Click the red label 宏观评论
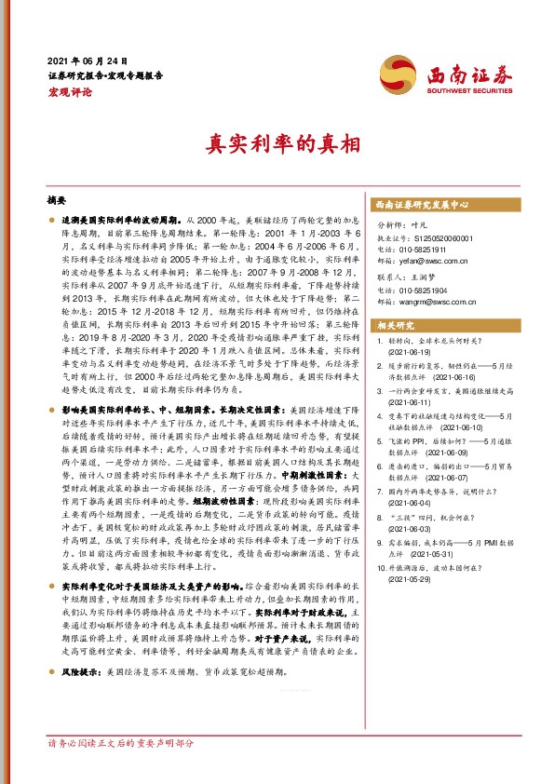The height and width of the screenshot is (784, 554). [x=70, y=91]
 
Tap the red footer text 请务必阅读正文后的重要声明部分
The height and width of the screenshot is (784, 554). [x=121, y=771]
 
